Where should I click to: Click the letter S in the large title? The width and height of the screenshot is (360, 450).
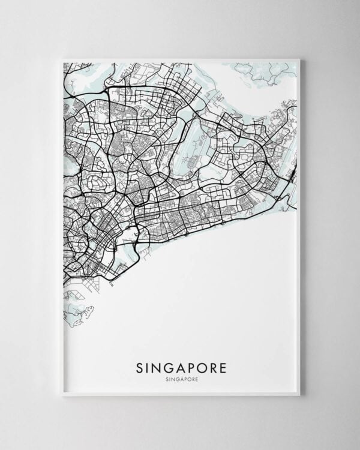(x=140, y=367)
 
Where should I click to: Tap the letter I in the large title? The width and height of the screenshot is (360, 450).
(x=149, y=367)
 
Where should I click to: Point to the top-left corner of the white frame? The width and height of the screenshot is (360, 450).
(x=62, y=59)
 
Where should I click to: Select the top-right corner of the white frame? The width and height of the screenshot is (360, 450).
(x=299, y=59)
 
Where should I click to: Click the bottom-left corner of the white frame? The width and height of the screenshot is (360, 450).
(x=62, y=395)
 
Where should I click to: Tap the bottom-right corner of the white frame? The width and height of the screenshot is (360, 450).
(x=299, y=395)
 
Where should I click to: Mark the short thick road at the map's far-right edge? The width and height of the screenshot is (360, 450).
(x=292, y=175)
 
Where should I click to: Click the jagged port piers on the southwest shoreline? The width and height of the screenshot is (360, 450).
(x=72, y=294)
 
